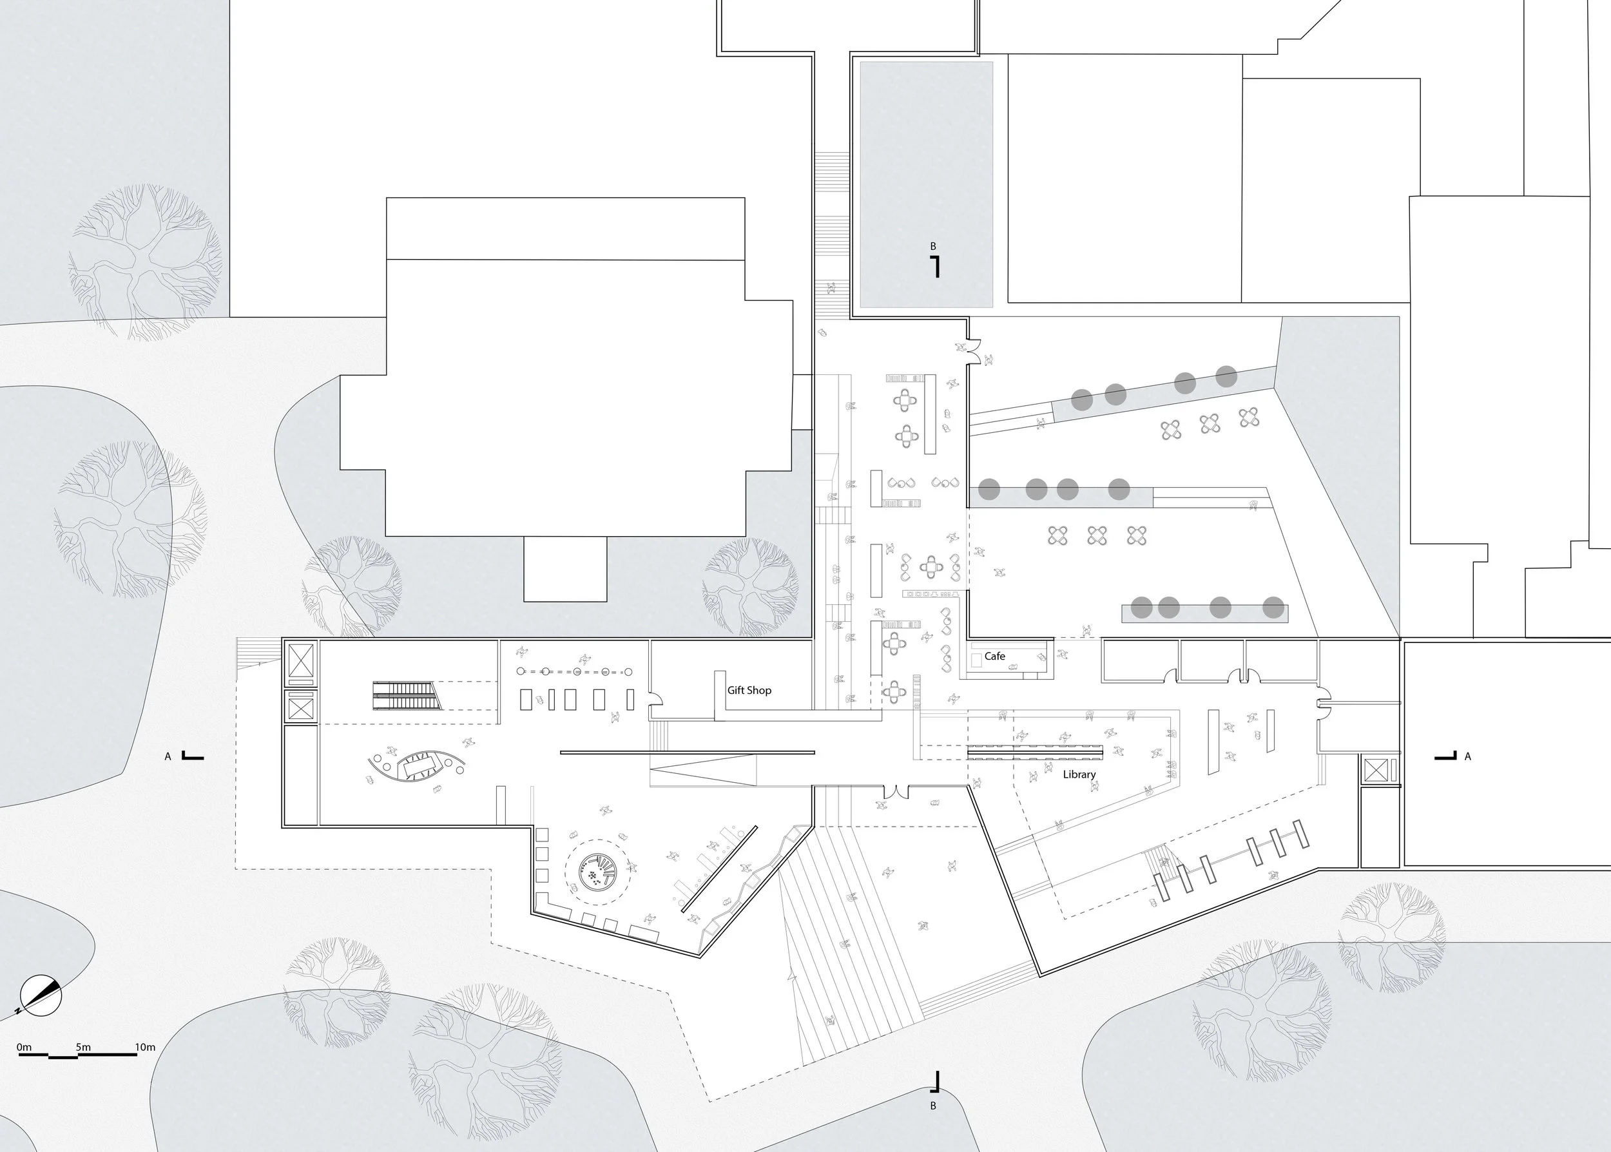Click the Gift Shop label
click(x=749, y=690)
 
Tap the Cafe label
click(x=994, y=656)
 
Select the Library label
click(x=1079, y=774)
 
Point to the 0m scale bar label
click(x=24, y=1047)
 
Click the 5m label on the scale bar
click(x=83, y=1047)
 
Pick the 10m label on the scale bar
click(x=145, y=1047)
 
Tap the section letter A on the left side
click(x=168, y=757)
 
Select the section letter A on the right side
click(x=1468, y=757)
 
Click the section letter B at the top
click(x=934, y=247)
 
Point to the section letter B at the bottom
click(x=934, y=1106)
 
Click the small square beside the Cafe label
click(x=976, y=658)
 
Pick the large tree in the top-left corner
click(x=146, y=262)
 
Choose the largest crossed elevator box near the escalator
click(x=301, y=661)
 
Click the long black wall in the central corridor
click(x=688, y=752)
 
